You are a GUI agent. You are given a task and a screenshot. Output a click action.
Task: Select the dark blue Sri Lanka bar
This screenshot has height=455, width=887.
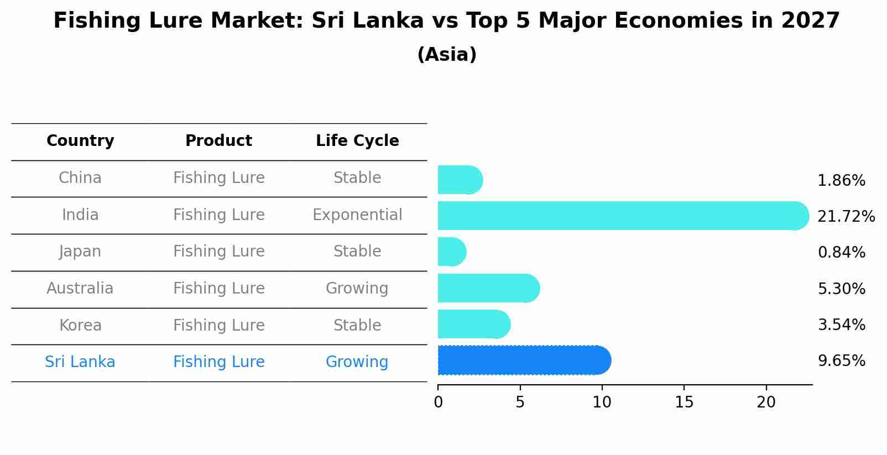coord(524,360)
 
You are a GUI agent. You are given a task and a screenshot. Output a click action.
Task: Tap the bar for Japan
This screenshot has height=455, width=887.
coord(452,252)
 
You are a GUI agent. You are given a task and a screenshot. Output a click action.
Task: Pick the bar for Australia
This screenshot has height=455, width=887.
coord(488,288)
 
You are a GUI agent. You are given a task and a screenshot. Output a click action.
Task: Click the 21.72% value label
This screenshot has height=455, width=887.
coord(846,216)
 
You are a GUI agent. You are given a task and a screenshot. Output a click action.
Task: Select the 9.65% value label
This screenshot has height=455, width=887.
coord(841,361)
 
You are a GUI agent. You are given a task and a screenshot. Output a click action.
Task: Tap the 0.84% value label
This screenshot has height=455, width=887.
coord(841,253)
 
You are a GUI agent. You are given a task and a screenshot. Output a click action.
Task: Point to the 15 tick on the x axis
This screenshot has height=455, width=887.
coord(684,402)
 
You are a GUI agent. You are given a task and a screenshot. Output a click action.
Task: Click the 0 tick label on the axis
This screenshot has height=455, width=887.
coord(438,402)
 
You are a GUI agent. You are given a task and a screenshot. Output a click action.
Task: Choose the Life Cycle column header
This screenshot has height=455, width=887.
coord(357,141)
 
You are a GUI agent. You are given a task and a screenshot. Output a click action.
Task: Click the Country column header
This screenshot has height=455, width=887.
coord(80,141)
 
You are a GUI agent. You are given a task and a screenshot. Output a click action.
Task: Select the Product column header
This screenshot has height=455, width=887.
coord(218,141)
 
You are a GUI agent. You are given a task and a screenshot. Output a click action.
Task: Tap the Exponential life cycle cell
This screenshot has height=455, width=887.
coord(357,215)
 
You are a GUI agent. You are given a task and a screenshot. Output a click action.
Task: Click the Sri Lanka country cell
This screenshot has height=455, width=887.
coord(80,362)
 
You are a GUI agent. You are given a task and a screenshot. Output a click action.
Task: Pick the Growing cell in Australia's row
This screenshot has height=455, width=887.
coord(357,288)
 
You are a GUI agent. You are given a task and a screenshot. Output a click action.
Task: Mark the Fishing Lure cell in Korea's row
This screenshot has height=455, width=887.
coord(218,325)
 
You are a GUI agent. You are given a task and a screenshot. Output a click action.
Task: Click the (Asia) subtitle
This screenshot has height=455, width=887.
coord(447,55)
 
